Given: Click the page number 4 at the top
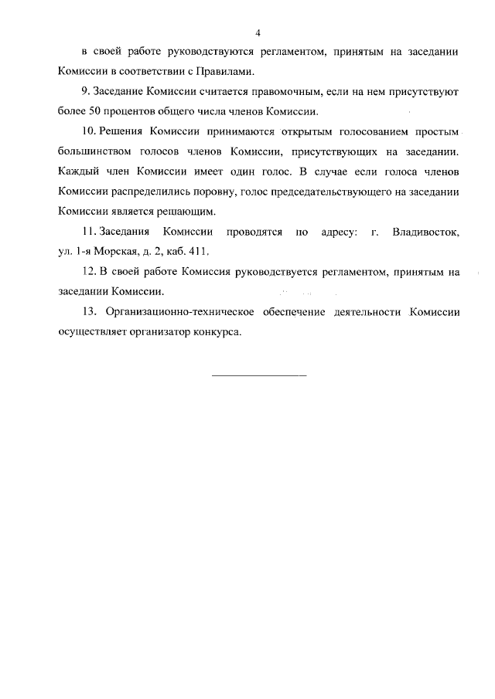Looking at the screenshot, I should coord(258,32).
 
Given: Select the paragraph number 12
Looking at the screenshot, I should coord(87,272).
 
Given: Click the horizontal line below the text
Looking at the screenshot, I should coord(259,375).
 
